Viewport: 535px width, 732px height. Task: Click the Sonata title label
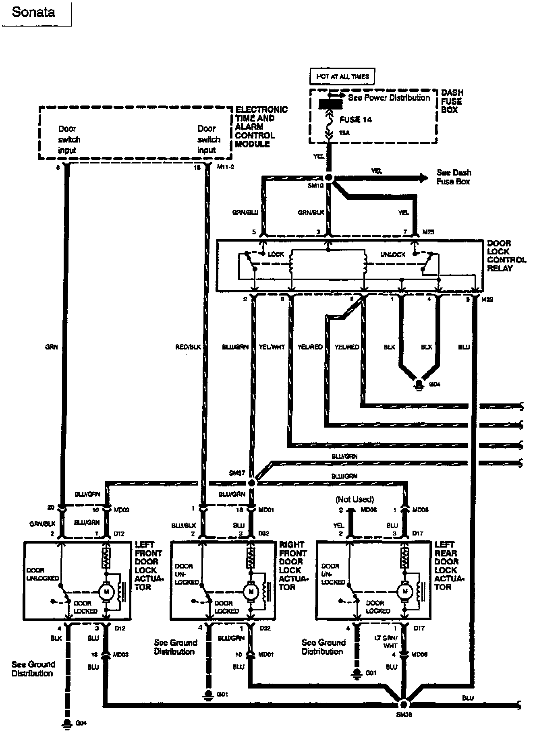[x=33, y=12]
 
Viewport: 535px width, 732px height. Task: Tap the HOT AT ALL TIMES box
[x=342, y=76]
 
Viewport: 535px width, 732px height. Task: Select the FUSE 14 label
[x=355, y=120]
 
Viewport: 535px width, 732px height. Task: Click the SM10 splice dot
[x=329, y=178]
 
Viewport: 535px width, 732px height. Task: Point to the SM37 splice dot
[x=252, y=483]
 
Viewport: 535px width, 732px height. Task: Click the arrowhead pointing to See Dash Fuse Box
[x=422, y=178]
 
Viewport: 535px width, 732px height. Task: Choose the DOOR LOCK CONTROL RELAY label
[x=506, y=256]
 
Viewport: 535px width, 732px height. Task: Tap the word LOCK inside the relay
[x=276, y=254]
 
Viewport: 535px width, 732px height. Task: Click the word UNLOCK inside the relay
[x=393, y=254]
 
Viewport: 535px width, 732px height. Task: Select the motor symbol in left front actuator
[x=106, y=591]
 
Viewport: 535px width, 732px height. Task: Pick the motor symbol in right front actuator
[x=251, y=591]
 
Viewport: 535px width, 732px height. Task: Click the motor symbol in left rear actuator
[x=405, y=591]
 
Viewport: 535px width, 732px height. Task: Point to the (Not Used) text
[x=355, y=499]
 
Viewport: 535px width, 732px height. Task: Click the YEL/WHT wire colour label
[x=272, y=347]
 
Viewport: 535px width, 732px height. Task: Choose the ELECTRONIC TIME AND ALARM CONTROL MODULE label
[x=261, y=126]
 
